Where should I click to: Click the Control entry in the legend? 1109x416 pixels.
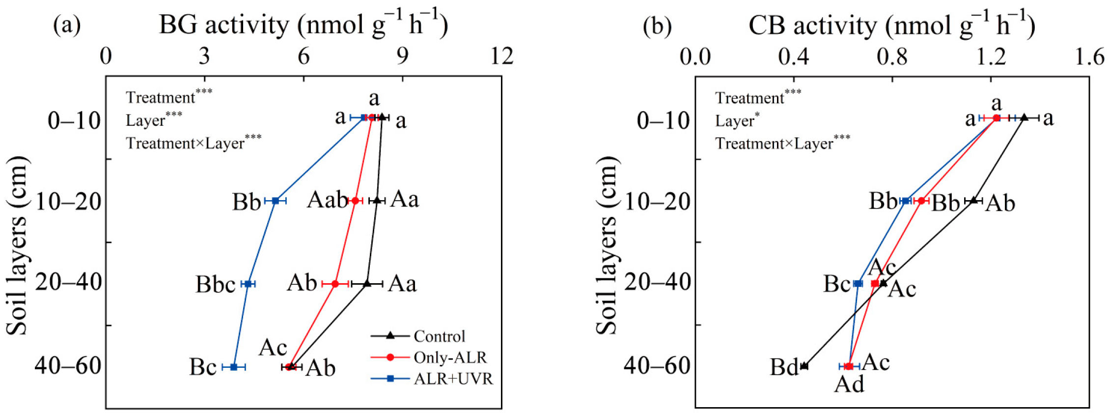(x=439, y=336)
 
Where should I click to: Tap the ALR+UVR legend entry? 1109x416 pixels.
(x=453, y=379)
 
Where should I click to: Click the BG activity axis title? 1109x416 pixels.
(x=303, y=25)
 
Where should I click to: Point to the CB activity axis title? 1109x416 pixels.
(x=891, y=25)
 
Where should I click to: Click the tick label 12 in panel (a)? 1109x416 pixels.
(x=502, y=56)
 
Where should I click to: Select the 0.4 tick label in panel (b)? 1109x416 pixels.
(x=794, y=57)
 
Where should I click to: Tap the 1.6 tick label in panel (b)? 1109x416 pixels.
(x=1090, y=57)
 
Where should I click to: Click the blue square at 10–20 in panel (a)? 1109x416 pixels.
(x=276, y=201)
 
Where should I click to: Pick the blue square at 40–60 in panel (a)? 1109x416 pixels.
(x=234, y=367)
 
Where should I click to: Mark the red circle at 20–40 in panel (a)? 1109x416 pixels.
(x=335, y=284)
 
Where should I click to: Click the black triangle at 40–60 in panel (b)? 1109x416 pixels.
(x=804, y=366)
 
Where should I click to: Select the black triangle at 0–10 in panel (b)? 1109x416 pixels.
(x=1024, y=118)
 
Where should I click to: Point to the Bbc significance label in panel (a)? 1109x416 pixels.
(x=215, y=285)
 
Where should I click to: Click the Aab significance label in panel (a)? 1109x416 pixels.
(x=327, y=200)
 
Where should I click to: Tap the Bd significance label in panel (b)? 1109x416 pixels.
(x=784, y=367)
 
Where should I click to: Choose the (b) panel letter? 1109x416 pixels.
(x=657, y=26)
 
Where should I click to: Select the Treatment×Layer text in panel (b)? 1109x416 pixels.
(x=774, y=144)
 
